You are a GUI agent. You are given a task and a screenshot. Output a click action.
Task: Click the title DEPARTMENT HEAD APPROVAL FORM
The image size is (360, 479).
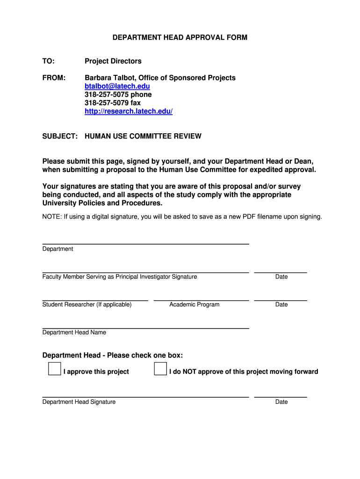(180, 37)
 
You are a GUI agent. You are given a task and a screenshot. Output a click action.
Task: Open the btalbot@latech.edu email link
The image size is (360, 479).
(117, 86)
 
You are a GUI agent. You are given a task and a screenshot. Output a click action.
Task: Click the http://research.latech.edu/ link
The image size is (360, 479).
(129, 111)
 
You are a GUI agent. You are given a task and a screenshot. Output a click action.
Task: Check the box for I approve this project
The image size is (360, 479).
(54, 369)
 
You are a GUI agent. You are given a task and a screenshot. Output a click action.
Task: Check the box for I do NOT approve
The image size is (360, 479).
(160, 369)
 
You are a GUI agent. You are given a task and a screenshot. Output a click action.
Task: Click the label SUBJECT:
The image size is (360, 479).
(60, 136)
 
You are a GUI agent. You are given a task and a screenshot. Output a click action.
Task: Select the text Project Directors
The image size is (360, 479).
(113, 61)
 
